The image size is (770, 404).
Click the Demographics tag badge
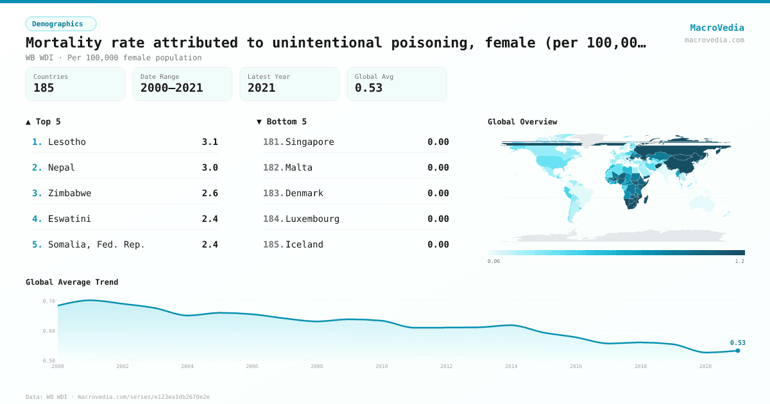coord(60,24)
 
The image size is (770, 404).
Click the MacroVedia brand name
coord(717,28)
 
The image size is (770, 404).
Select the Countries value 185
coord(44,88)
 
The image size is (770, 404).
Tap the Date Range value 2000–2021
coord(171,88)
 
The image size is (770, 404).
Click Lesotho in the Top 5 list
coord(67,142)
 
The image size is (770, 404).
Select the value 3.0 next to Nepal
coord(210,167)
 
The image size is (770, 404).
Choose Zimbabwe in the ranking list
coord(69,193)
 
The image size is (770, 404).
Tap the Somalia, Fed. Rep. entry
coord(96,244)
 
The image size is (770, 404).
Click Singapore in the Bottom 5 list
coord(309,142)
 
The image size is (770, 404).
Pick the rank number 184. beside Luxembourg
coord(273,219)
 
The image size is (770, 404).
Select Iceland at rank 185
coord(304,244)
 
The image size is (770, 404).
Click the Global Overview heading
coord(522,122)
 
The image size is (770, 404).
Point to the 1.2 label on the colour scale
coord(739,262)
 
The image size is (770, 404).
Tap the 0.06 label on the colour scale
coord(493,262)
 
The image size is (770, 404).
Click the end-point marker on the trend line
coord(738,350)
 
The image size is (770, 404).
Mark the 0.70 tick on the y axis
coord(49,301)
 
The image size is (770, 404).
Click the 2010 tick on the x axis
coord(382,366)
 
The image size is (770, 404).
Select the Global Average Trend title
coord(72,282)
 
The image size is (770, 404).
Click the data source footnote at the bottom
coord(117,397)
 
